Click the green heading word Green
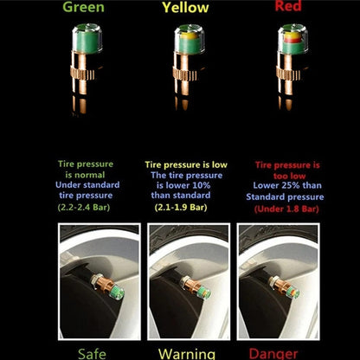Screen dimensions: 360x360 (x=83, y=7)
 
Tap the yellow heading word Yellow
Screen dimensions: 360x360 (x=185, y=8)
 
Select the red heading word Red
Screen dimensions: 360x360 (x=288, y=6)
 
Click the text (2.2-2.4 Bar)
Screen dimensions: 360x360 (x=84, y=208)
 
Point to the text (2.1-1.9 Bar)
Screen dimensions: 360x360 (x=181, y=208)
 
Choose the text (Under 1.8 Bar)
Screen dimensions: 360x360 (x=286, y=209)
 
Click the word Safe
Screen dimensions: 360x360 (x=92, y=354)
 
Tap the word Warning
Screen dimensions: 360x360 (x=187, y=354)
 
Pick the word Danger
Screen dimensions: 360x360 (x=273, y=354)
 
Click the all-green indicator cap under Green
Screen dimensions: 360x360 (x=87, y=39)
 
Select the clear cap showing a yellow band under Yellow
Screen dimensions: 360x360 (x=190, y=40)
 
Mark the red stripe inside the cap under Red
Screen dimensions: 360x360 (x=292, y=41)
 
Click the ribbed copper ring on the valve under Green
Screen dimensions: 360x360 (x=82, y=74)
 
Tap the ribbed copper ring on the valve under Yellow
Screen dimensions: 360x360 (x=185, y=74)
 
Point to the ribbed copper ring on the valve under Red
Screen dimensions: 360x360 (x=288, y=74)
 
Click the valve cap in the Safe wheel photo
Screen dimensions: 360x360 (x=117, y=292)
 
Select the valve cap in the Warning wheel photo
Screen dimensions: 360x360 (x=204, y=291)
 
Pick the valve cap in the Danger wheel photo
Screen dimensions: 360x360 (x=292, y=290)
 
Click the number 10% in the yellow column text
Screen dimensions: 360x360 (x=200, y=185)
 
